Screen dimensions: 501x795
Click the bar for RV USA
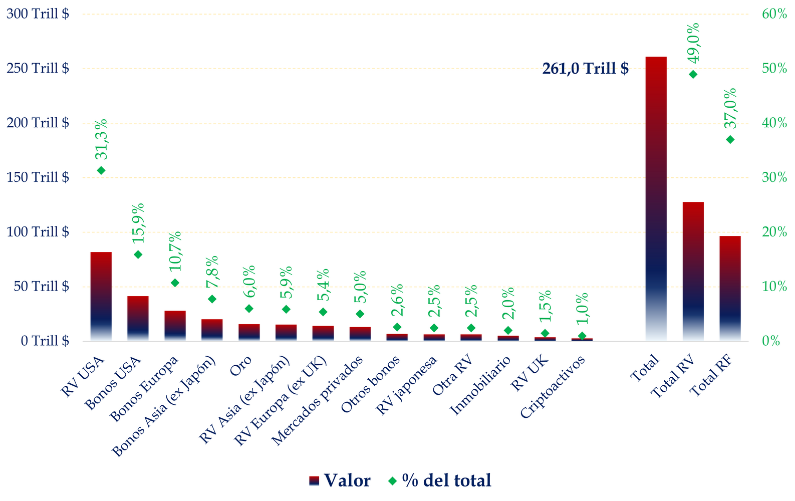tap(101, 297)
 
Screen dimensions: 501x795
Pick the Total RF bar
tap(730, 289)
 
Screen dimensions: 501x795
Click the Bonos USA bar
tap(138, 319)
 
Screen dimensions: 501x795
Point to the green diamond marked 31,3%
tap(101, 170)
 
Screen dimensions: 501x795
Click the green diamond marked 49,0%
tap(693, 74)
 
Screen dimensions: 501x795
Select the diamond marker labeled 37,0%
tap(730, 139)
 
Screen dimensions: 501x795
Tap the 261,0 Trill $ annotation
tap(585, 69)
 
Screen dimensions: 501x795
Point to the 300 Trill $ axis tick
tap(38, 14)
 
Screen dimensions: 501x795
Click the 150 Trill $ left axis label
tap(38, 177)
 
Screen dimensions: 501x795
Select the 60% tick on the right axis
tap(774, 14)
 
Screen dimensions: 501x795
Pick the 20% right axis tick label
tap(774, 232)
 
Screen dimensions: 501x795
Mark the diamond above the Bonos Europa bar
tap(175, 283)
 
